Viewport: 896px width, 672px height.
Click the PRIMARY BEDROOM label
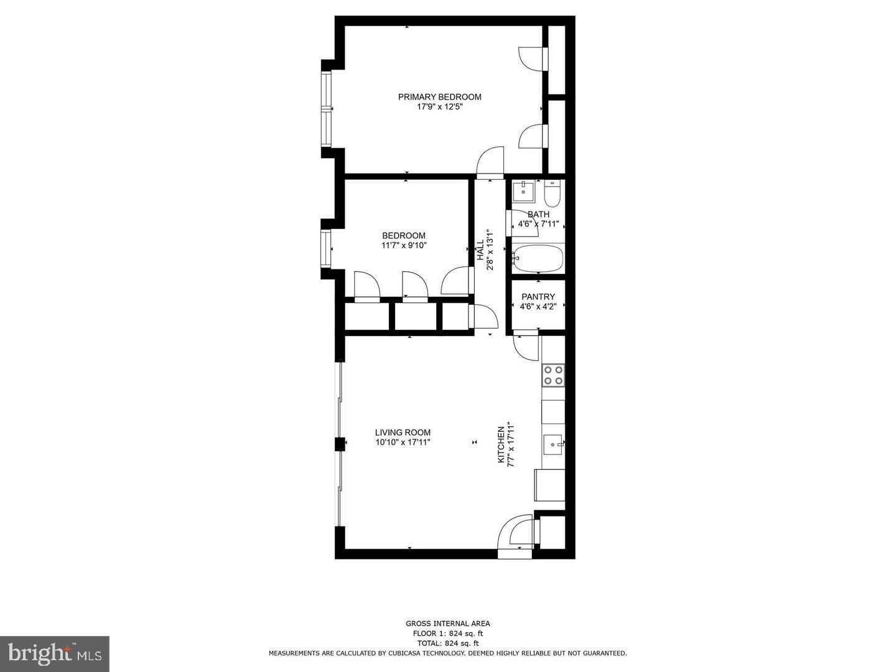pyautogui.click(x=439, y=97)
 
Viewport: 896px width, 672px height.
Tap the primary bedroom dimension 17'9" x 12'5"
pyautogui.click(x=439, y=107)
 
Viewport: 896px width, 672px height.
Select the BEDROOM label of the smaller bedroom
pyautogui.click(x=404, y=236)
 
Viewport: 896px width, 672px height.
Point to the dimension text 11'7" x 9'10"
pyautogui.click(x=404, y=245)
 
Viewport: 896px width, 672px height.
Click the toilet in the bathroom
pyautogui.click(x=552, y=194)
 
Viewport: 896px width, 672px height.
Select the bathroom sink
pyautogui.click(x=523, y=191)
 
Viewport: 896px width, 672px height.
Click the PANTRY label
pyautogui.click(x=538, y=297)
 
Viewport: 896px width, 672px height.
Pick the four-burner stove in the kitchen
pyautogui.click(x=553, y=375)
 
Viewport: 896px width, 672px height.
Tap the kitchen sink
pyautogui.click(x=553, y=444)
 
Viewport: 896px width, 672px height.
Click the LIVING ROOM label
pyautogui.click(x=403, y=433)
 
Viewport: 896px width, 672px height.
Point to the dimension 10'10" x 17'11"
pyautogui.click(x=403, y=442)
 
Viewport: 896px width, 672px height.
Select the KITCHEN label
pyautogui.click(x=500, y=444)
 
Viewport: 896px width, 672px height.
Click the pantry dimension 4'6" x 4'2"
pyautogui.click(x=538, y=306)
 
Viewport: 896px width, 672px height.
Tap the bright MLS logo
pyautogui.click(x=55, y=653)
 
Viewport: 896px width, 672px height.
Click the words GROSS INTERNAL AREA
pyautogui.click(x=448, y=623)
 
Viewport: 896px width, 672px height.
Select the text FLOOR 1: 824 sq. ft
pyautogui.click(x=448, y=633)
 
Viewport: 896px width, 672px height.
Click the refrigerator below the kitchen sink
pyautogui.click(x=550, y=485)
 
